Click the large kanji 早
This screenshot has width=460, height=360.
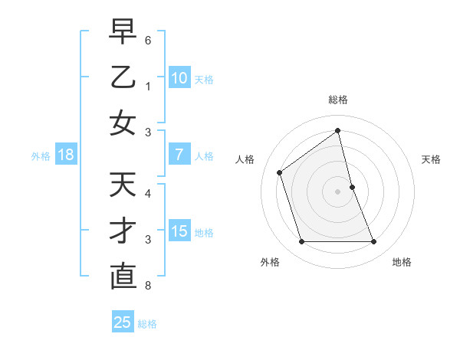tap(123, 33)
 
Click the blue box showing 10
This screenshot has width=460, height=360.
tap(179, 77)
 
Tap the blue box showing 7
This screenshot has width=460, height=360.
tap(179, 155)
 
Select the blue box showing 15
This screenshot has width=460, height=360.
tap(179, 231)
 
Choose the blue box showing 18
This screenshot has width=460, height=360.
tap(66, 155)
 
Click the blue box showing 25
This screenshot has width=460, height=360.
tap(123, 322)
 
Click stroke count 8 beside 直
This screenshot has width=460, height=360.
tap(147, 286)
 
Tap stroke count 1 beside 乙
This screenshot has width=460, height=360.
tap(147, 87)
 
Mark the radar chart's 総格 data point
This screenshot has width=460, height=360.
tap(337, 130)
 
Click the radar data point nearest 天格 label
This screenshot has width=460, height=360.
tap(352, 187)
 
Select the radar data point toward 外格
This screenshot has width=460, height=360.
tap(301, 242)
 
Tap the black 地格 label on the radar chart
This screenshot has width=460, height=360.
tap(402, 262)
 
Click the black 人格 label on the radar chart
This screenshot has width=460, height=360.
tap(245, 159)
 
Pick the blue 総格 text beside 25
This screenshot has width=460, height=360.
tap(147, 324)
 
